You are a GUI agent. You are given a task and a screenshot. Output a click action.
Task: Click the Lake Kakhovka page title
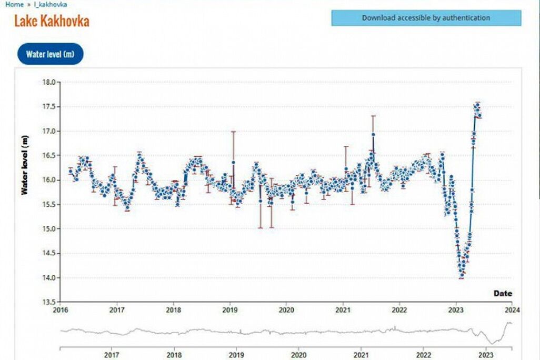click(51, 21)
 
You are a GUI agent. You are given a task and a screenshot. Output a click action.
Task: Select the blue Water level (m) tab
click(50, 54)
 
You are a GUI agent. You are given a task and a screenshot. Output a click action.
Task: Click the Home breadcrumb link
click(14, 4)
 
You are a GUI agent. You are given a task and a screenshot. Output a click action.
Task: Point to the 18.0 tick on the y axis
click(49, 82)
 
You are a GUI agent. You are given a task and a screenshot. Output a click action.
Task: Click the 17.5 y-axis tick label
click(49, 107)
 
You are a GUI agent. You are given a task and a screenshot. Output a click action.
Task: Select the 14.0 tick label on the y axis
click(49, 277)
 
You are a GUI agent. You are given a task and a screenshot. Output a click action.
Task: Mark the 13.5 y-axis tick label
click(49, 302)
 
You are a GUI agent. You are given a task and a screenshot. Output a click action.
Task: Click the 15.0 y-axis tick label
click(49, 229)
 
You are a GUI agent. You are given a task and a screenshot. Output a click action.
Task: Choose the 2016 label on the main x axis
click(61, 310)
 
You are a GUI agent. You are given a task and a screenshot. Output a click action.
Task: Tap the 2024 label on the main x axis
click(512, 310)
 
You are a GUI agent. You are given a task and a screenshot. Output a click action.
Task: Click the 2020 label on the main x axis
click(286, 310)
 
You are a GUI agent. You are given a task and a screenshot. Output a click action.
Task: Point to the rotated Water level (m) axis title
click(25, 165)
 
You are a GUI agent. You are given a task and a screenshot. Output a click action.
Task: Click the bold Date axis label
click(503, 293)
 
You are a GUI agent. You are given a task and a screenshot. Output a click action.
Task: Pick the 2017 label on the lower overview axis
click(111, 355)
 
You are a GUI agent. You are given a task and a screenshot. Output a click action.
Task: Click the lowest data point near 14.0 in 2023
click(462, 275)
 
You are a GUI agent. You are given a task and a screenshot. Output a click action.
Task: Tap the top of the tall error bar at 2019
click(233, 131)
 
